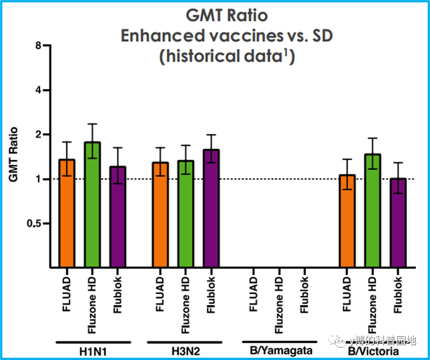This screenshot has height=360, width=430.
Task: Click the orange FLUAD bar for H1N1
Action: (67, 213)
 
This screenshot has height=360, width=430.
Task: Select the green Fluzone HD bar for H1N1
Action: (92, 205)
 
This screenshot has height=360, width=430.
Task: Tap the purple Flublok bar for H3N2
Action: (211, 208)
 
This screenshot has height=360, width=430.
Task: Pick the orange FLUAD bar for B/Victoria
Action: (347, 221)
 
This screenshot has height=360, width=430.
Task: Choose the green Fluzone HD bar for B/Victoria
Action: (373, 211)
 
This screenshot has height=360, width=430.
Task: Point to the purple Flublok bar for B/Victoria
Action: (398, 223)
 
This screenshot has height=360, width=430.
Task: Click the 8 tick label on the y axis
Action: (38, 45)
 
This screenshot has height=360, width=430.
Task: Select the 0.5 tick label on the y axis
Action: (34, 224)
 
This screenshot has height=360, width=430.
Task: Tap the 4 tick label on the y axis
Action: (38, 90)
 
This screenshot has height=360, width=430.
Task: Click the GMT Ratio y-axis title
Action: (13, 154)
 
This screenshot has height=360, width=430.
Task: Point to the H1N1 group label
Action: (93, 351)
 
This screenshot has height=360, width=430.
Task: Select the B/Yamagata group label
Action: (281, 351)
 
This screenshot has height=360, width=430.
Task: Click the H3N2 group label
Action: (186, 351)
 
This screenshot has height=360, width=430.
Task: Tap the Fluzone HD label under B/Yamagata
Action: (279, 305)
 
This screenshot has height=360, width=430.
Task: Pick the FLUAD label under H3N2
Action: (160, 294)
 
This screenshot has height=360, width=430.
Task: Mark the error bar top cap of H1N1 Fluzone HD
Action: (92, 124)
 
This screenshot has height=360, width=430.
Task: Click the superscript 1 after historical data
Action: (285, 52)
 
